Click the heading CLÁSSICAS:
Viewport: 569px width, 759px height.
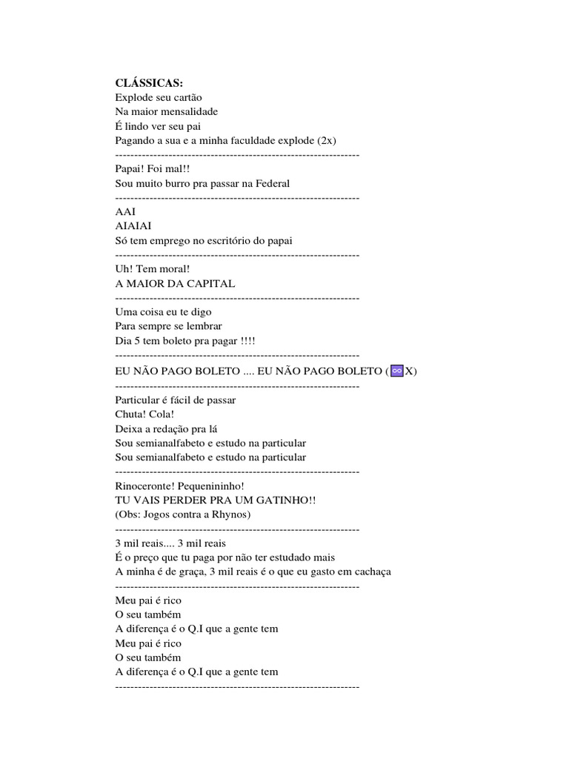149,83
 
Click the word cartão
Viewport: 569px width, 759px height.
184,97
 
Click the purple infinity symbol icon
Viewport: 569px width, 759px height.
396,371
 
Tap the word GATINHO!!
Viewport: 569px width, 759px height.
284,500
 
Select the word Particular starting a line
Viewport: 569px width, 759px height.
138,400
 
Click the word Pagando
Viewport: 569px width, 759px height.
136,140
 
